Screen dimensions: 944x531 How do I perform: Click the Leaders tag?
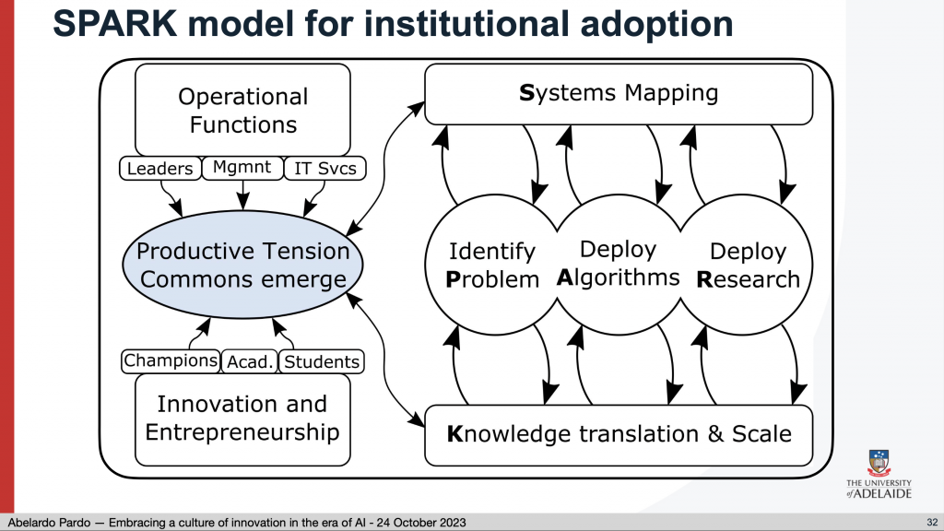click(x=160, y=168)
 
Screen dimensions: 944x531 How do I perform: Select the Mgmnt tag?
click(x=242, y=168)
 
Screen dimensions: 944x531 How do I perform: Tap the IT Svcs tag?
click(x=324, y=169)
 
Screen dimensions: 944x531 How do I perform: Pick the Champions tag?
click(x=171, y=361)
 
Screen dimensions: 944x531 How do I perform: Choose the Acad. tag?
click(x=249, y=361)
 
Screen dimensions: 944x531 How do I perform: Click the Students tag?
click(x=322, y=361)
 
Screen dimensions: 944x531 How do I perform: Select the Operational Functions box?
click(x=242, y=111)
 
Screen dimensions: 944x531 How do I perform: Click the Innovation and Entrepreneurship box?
click(x=242, y=419)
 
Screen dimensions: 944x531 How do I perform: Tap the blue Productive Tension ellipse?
click(x=242, y=265)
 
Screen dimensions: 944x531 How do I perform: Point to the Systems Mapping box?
click(x=619, y=94)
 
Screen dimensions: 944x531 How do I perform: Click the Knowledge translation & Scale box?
click(x=619, y=435)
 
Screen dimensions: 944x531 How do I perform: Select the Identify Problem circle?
click(x=492, y=265)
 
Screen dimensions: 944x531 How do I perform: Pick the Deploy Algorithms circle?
click(x=619, y=265)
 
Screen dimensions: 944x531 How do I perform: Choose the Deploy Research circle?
click(x=747, y=265)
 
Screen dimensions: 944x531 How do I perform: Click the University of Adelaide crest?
click(x=879, y=463)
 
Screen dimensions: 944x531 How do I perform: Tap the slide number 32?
click(x=932, y=523)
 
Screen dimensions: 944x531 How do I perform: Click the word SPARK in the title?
click(x=115, y=23)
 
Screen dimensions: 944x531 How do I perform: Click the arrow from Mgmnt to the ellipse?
click(x=242, y=195)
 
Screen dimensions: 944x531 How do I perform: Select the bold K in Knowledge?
click(x=454, y=434)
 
